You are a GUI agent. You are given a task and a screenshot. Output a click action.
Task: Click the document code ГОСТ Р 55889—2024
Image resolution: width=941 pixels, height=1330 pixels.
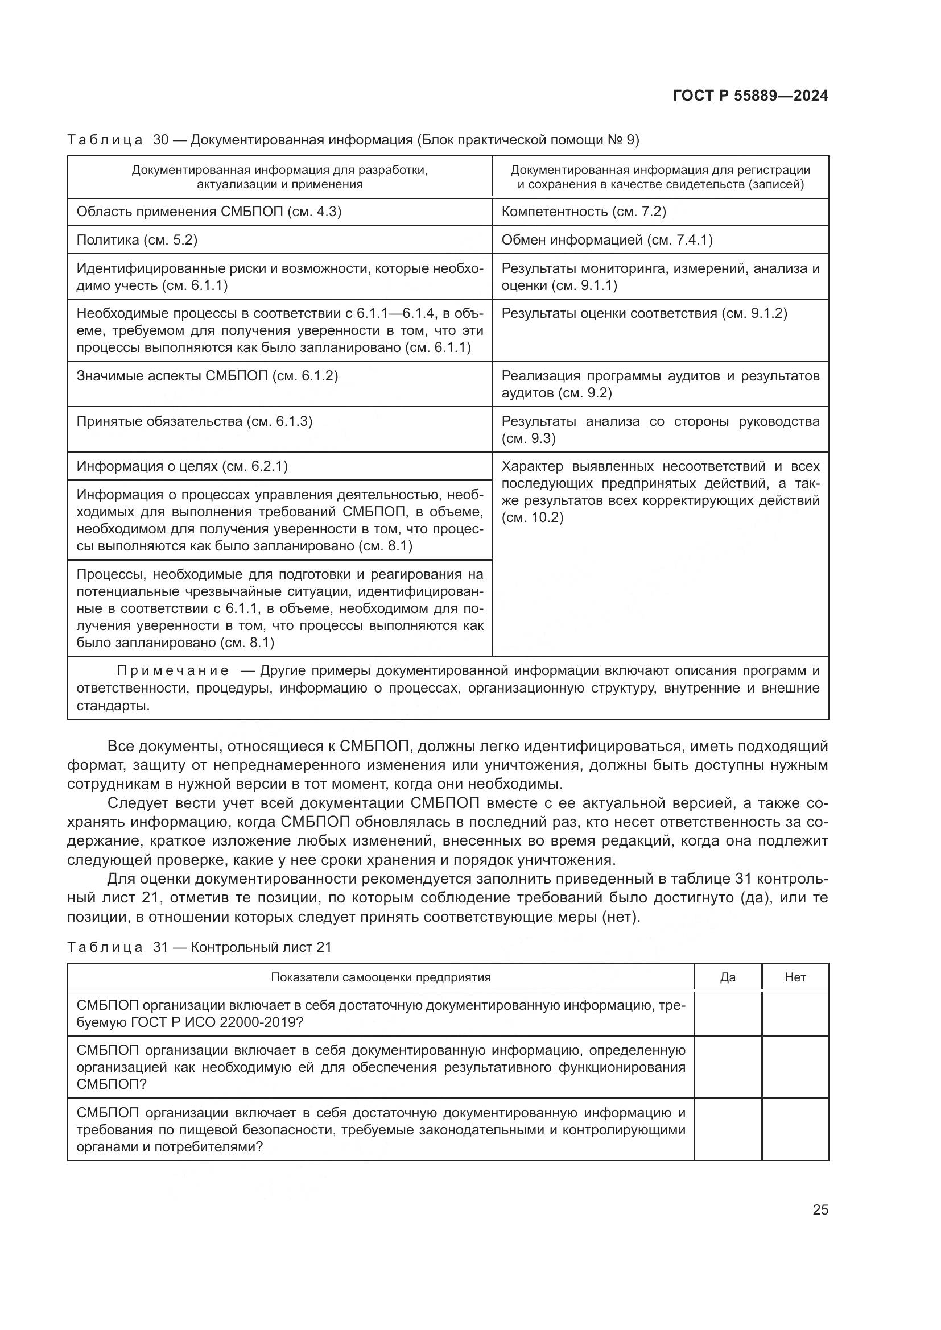pos(750,96)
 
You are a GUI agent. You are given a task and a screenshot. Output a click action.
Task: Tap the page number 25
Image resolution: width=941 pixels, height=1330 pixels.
pos(820,1209)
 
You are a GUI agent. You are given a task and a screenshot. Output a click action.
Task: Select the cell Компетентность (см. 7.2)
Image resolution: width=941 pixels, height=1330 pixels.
pos(584,212)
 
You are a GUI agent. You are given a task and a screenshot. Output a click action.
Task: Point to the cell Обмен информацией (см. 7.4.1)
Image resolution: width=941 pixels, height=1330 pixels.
pos(606,240)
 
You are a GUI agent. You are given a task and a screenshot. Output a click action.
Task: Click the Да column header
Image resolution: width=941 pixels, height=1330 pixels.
pos(728,977)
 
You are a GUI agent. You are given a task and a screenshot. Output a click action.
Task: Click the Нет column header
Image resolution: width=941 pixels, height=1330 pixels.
pos(795,977)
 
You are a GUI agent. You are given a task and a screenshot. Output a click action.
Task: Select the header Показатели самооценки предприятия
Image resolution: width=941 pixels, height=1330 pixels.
pos(381,977)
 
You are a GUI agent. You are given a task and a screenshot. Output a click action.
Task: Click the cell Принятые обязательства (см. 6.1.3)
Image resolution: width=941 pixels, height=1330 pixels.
pos(195,421)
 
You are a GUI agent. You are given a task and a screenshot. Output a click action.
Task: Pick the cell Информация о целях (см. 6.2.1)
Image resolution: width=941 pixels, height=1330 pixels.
pos(182,466)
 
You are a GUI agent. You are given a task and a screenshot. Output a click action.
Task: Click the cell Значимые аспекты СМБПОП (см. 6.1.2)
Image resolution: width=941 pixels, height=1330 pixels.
pos(207,376)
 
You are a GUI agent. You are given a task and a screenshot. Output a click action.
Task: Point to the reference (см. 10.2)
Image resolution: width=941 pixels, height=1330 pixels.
pos(533,517)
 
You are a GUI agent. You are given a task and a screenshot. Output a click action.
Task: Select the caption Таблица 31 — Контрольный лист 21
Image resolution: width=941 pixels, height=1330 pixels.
pos(199,947)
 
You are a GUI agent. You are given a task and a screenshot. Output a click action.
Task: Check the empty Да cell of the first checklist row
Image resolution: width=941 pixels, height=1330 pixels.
pos(728,1014)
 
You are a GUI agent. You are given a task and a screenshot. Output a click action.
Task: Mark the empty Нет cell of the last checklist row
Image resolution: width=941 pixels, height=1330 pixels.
pos(795,1130)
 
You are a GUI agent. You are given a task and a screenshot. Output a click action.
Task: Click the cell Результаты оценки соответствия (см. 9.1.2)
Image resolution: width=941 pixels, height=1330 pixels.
pos(645,313)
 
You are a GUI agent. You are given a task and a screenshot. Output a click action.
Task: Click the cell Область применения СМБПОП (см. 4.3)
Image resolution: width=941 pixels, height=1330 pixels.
pos(209,212)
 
